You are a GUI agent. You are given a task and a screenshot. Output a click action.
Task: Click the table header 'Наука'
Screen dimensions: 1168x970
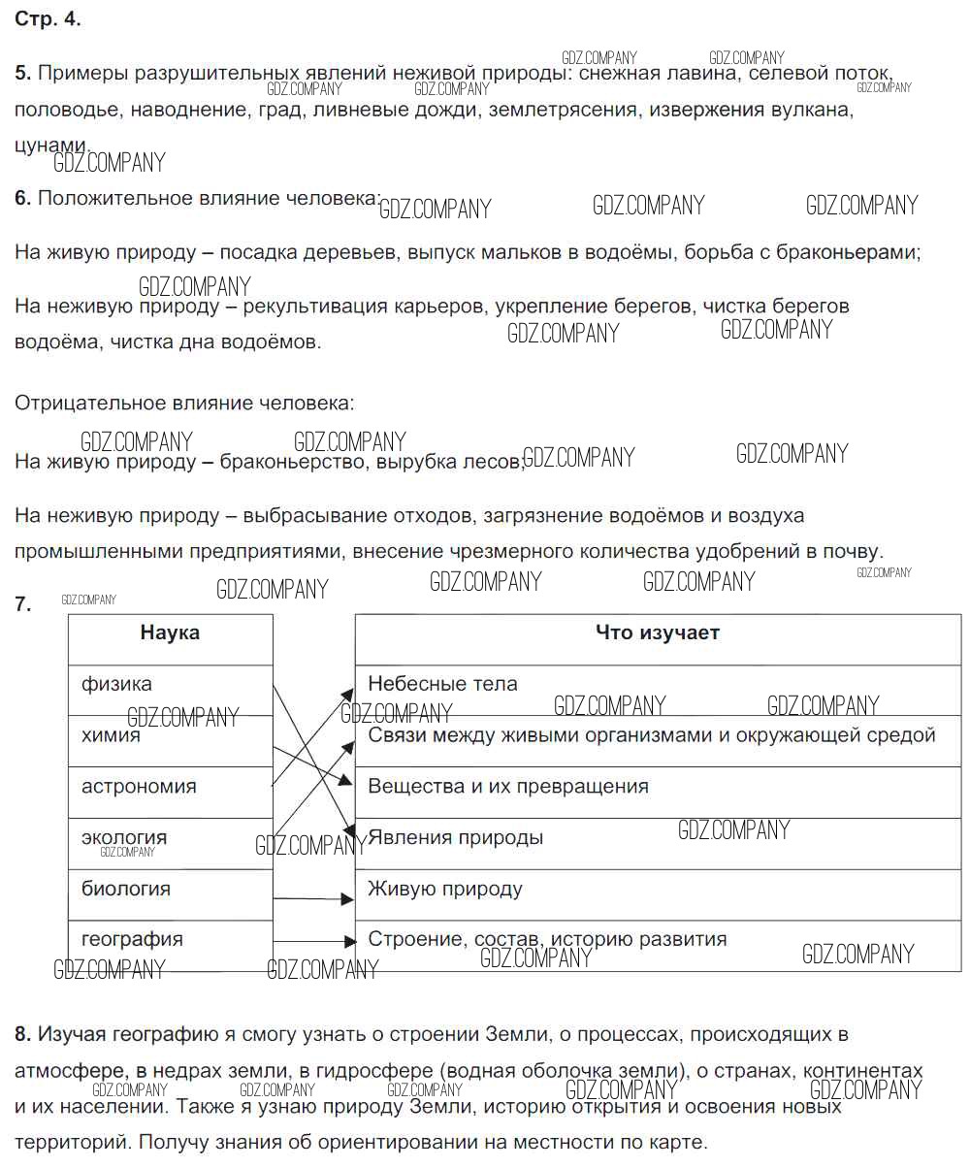(170, 633)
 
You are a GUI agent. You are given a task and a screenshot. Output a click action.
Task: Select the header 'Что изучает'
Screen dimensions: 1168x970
(657, 633)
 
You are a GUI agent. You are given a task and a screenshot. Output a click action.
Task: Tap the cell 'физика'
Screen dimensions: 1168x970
(116, 684)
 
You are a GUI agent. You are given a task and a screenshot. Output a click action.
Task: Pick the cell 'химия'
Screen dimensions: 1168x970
(111, 735)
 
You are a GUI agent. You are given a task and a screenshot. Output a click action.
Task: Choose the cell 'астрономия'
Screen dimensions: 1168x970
(139, 787)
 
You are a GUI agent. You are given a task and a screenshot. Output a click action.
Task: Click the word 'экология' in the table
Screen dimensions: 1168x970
(124, 837)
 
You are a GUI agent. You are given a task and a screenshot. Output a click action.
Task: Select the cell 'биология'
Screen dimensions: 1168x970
(126, 889)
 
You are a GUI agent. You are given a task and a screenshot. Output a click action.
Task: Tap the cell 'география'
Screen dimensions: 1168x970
(132, 939)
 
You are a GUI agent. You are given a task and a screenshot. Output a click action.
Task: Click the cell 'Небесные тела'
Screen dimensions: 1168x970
(442, 684)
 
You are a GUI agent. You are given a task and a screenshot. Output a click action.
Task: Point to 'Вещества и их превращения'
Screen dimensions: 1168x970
(508, 787)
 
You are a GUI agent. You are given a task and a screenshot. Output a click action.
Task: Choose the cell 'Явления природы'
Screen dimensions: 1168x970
(456, 837)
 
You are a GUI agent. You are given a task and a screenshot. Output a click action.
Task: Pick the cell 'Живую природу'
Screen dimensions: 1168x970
(445, 889)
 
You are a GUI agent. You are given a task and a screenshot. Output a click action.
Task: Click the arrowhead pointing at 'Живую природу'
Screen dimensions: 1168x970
(348, 899)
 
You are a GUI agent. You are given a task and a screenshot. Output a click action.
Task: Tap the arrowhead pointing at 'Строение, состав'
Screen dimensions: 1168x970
(349, 940)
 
